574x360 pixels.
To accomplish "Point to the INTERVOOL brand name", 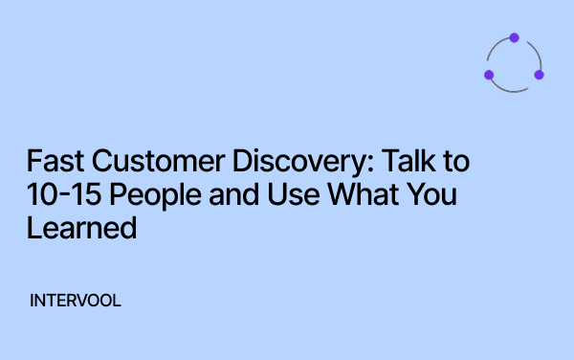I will click(76, 301).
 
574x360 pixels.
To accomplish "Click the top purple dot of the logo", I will click(514, 38).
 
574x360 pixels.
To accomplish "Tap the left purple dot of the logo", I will click(489, 75).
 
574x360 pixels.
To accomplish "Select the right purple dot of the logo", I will click(539, 75).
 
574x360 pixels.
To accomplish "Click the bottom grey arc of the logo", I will click(514, 91).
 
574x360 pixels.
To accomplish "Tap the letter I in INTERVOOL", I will click(33, 301).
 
